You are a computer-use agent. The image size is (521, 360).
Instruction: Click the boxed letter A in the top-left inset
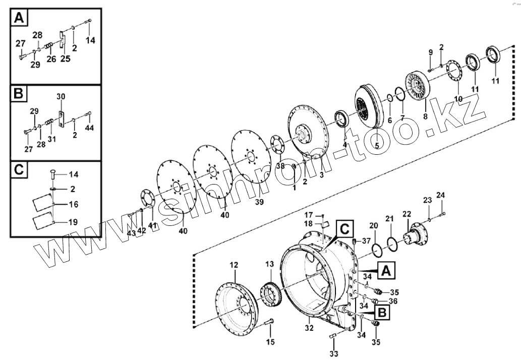pyautogui.click(x=19, y=19)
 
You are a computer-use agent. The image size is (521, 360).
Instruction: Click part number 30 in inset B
pyautogui.click(x=61, y=96)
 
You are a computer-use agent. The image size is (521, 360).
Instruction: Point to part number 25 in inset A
pyautogui.click(x=65, y=59)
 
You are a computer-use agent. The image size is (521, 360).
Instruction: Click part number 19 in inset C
pyautogui.click(x=73, y=221)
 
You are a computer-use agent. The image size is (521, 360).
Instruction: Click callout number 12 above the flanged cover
pyautogui.click(x=234, y=264)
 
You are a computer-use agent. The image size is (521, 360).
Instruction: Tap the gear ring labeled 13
pyautogui.click(x=273, y=295)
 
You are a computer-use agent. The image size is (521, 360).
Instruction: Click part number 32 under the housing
pyautogui.click(x=309, y=328)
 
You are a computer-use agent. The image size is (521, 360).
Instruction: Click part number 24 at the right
pyautogui.click(x=440, y=195)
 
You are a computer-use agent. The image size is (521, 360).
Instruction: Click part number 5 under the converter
pyautogui.click(x=376, y=146)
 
